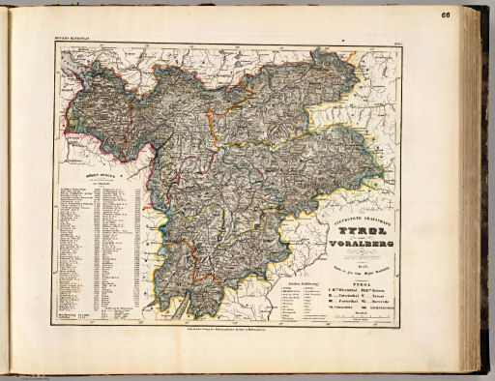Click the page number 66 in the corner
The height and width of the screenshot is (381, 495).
tap(472, 15)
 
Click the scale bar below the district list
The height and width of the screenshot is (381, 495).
tap(360, 316)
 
